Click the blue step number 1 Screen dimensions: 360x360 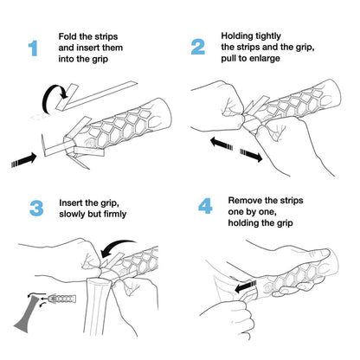(x=33, y=48)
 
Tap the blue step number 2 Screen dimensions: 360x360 (x=198, y=47)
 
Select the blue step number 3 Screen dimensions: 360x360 (x=36, y=209)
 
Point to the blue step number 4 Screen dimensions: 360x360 (x=205, y=206)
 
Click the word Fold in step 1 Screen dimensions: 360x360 (x=67, y=36)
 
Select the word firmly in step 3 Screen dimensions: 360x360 (x=115, y=214)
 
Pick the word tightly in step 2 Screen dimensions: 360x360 (x=266, y=36)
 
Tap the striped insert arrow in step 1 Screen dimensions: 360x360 (x=24, y=159)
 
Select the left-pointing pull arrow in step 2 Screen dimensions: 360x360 (x=222, y=144)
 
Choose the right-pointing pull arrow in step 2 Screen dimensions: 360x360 (x=251, y=155)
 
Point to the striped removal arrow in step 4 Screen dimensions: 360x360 (x=245, y=286)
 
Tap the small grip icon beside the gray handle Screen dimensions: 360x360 (x=61, y=299)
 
